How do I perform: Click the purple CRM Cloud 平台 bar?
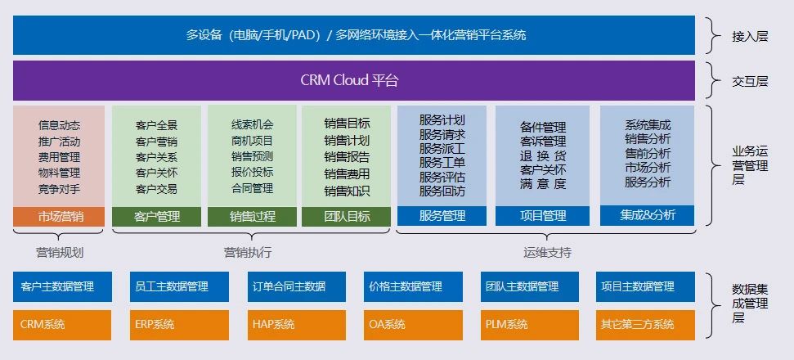tap(354, 80)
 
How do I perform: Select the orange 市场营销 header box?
tap(59, 217)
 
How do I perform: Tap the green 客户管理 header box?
tap(156, 217)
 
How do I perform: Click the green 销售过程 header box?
tap(252, 217)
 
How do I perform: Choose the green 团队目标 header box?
tap(347, 217)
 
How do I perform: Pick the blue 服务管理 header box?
tap(442, 216)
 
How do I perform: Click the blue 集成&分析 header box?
tap(647, 215)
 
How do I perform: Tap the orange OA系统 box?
tap(405, 325)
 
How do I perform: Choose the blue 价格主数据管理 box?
tap(405, 287)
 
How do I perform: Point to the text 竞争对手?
tap(59, 189)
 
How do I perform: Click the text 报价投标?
tap(252, 173)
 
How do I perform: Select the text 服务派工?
tap(442, 149)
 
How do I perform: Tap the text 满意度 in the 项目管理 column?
tap(543, 185)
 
